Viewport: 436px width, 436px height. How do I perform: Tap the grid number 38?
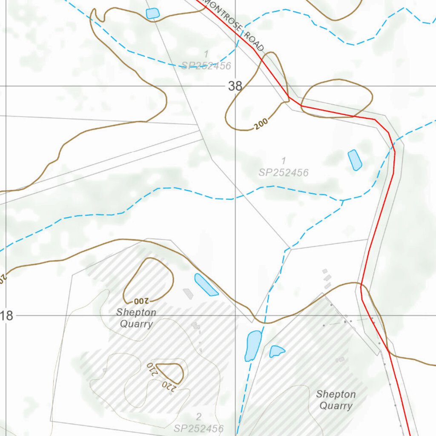[235, 86]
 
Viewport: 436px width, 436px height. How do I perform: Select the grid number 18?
[7, 316]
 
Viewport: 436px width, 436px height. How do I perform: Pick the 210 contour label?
[152, 370]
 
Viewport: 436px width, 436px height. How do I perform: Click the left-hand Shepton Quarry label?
[136, 318]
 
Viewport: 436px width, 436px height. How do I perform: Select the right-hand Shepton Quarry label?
[336, 400]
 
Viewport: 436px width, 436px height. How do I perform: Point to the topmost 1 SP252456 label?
[206, 60]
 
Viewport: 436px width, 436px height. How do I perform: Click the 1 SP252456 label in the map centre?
[284, 167]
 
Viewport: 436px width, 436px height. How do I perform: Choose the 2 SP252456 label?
[199, 422]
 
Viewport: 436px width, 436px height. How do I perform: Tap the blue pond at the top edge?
[152, 13]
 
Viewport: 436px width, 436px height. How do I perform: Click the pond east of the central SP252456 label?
[355, 160]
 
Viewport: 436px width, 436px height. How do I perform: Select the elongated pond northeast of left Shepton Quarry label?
[206, 285]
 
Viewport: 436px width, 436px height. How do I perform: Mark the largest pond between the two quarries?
[253, 345]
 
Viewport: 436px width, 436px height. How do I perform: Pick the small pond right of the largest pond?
[276, 351]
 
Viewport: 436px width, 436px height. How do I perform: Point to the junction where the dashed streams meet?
[343, 200]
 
